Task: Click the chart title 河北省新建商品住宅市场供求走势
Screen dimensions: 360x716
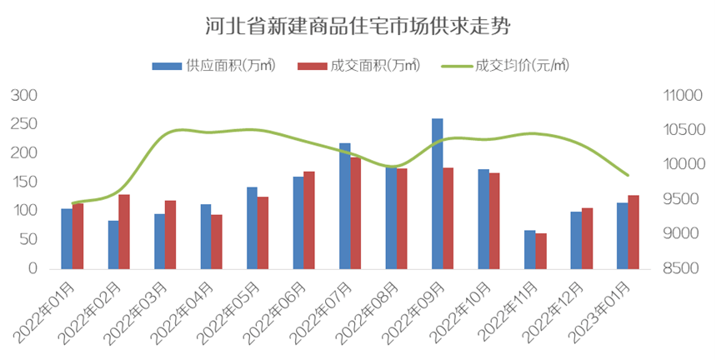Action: [358, 26]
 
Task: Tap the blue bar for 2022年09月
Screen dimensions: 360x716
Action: [437, 193]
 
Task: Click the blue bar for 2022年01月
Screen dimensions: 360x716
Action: [67, 238]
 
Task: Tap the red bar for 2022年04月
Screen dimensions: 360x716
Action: [217, 242]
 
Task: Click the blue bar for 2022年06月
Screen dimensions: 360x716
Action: [298, 222]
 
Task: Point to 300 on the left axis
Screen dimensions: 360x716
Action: [28, 96]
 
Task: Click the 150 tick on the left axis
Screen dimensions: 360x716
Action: [28, 182]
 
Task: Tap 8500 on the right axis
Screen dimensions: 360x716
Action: [684, 269]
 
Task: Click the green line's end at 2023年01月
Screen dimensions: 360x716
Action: [628, 175]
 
